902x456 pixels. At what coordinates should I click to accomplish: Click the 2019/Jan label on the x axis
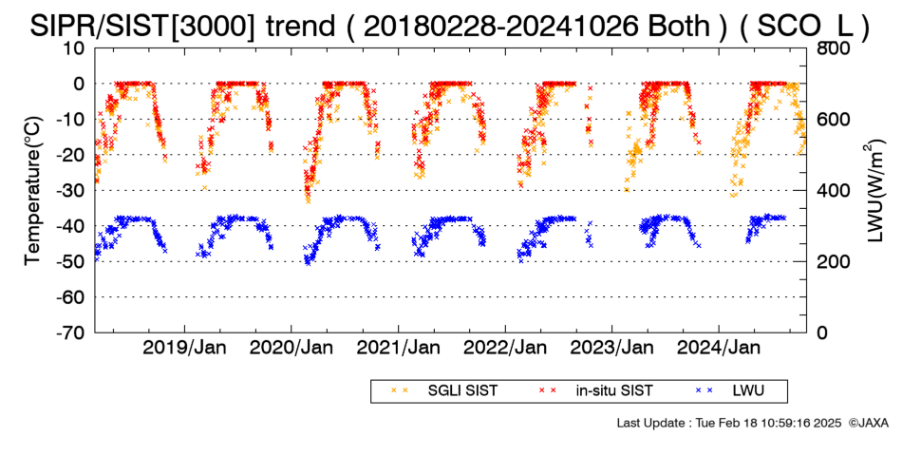(184, 348)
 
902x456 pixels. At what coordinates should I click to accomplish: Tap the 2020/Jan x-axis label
(291, 348)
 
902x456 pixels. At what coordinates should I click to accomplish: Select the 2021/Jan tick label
(398, 348)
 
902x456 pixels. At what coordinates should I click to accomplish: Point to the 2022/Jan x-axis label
(505, 348)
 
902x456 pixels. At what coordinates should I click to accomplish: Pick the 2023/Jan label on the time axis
(612, 348)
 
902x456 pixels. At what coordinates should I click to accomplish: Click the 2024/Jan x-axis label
(719, 348)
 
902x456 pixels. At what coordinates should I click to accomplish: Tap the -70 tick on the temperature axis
(70, 332)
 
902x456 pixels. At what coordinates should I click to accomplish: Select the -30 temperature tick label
(70, 190)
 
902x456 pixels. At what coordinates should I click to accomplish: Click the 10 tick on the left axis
(74, 47)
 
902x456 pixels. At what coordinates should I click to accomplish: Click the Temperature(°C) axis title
(33, 191)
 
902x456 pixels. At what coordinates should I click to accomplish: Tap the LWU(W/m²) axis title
(873, 191)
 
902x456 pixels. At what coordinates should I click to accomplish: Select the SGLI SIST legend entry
(444, 391)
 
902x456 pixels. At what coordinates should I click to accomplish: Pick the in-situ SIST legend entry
(596, 391)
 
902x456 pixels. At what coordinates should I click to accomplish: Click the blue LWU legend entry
(729, 391)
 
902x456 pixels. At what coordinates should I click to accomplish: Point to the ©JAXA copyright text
(868, 423)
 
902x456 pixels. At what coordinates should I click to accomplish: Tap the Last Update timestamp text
(729, 423)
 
